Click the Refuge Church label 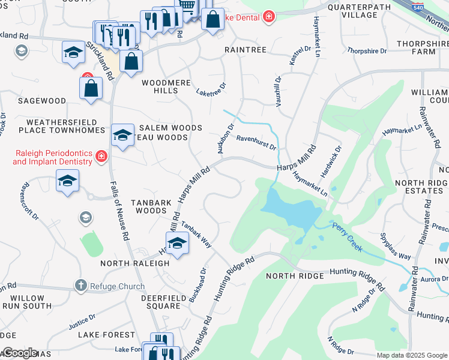[x=118, y=286]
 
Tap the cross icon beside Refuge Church [x=80, y=286]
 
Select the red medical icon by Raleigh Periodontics [x=101, y=157]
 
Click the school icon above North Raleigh [x=177, y=242]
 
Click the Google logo [x=19, y=353]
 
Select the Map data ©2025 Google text [x=412, y=355]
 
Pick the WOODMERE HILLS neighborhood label [x=160, y=86]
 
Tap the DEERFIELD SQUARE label [x=161, y=302]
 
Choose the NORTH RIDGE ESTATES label [x=421, y=187]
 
